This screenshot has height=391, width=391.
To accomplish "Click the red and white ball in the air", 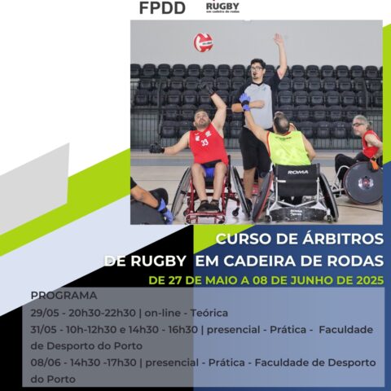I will tap(203, 42).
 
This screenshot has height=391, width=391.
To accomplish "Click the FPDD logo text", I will tap(162, 9).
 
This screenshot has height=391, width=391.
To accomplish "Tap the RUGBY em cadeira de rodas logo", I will tap(222, 7).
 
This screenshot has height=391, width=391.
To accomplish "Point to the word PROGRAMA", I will tap(64, 295).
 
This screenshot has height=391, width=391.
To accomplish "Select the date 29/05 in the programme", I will tap(45, 312).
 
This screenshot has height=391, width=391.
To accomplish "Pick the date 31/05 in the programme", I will tap(45, 329).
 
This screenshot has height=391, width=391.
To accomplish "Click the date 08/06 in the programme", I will tap(46, 362).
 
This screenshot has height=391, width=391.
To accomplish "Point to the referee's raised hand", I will tap(279, 39).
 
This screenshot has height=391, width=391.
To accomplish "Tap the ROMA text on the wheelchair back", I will tap(297, 173).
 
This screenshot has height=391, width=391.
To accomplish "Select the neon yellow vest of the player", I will tap(288, 149).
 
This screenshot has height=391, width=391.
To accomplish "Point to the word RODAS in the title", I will tap(352, 261).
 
